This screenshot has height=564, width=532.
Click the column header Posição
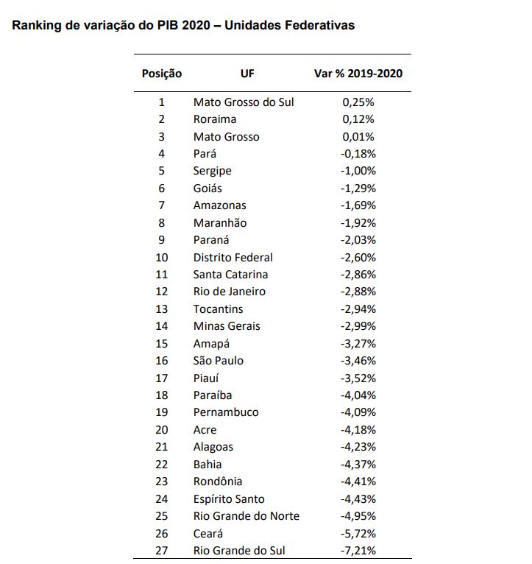tap(162, 74)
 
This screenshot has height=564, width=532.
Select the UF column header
tap(247, 74)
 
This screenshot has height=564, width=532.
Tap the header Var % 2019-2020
tap(358, 74)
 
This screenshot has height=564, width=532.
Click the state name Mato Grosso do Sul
tap(244, 102)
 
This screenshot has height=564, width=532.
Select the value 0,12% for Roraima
tap(358, 119)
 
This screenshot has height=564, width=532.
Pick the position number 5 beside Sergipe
tap(162, 171)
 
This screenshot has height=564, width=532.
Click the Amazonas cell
tap(219, 205)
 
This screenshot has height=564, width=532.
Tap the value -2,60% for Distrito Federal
tap(358, 258)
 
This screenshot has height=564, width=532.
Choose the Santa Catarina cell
tap(230, 275)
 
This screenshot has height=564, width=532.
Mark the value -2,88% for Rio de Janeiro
tap(358, 292)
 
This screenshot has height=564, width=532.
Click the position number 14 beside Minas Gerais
tap(162, 326)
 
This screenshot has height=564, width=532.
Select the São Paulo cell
tap(219, 360)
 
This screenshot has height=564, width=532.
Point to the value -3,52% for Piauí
tap(358, 378)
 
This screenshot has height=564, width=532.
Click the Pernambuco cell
tap(226, 412)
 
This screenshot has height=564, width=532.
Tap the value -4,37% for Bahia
tap(358, 465)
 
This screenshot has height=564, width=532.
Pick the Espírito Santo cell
tap(229, 499)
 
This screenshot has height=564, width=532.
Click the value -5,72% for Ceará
tap(358, 533)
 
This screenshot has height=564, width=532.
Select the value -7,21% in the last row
tap(358, 550)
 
